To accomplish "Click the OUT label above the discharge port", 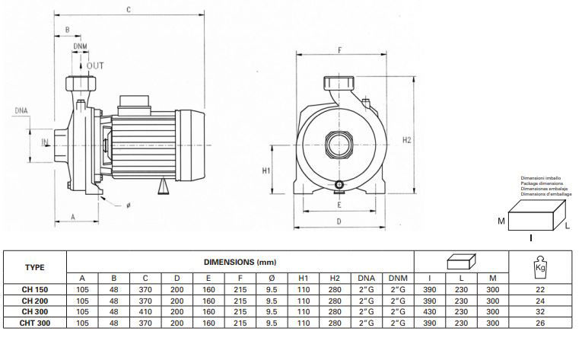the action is click(95, 65).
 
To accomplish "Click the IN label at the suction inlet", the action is click(45, 142).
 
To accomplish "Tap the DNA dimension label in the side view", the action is click(21, 110).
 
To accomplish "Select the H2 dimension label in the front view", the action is click(407, 140).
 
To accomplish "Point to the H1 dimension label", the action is click(266, 170).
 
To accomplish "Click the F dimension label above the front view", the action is click(339, 50).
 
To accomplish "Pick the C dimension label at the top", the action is click(129, 10).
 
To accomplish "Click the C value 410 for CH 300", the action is click(145, 312).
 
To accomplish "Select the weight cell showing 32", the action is click(540, 312).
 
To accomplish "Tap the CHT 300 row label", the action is click(35, 323).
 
